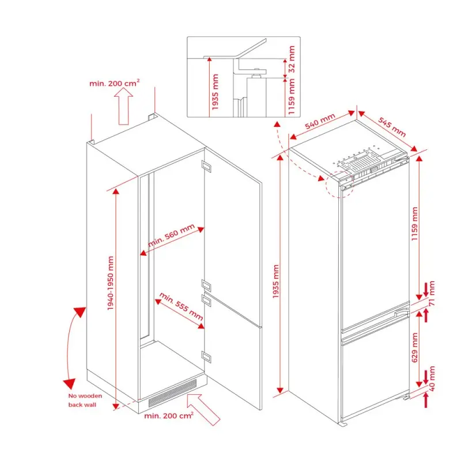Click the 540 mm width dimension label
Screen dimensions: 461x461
(x=320, y=121)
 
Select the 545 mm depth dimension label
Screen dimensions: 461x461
(x=392, y=127)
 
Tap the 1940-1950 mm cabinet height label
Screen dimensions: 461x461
(x=111, y=283)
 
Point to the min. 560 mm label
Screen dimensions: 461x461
(x=171, y=235)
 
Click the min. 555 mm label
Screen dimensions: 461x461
(x=181, y=306)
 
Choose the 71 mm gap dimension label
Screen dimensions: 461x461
(x=432, y=293)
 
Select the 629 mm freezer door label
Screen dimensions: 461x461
(x=414, y=347)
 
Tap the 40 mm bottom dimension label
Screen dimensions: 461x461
(x=432, y=379)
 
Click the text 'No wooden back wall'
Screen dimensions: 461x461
(x=85, y=400)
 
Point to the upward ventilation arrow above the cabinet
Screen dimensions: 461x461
(x=123, y=107)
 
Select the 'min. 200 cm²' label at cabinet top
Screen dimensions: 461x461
(x=114, y=83)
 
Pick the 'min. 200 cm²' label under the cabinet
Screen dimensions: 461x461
(x=169, y=415)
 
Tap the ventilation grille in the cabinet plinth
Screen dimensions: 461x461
(x=172, y=393)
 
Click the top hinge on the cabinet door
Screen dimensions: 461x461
(x=206, y=166)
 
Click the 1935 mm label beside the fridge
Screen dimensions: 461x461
(x=275, y=281)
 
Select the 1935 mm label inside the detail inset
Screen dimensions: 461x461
(x=215, y=92)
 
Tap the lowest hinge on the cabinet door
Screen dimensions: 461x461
(x=206, y=356)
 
